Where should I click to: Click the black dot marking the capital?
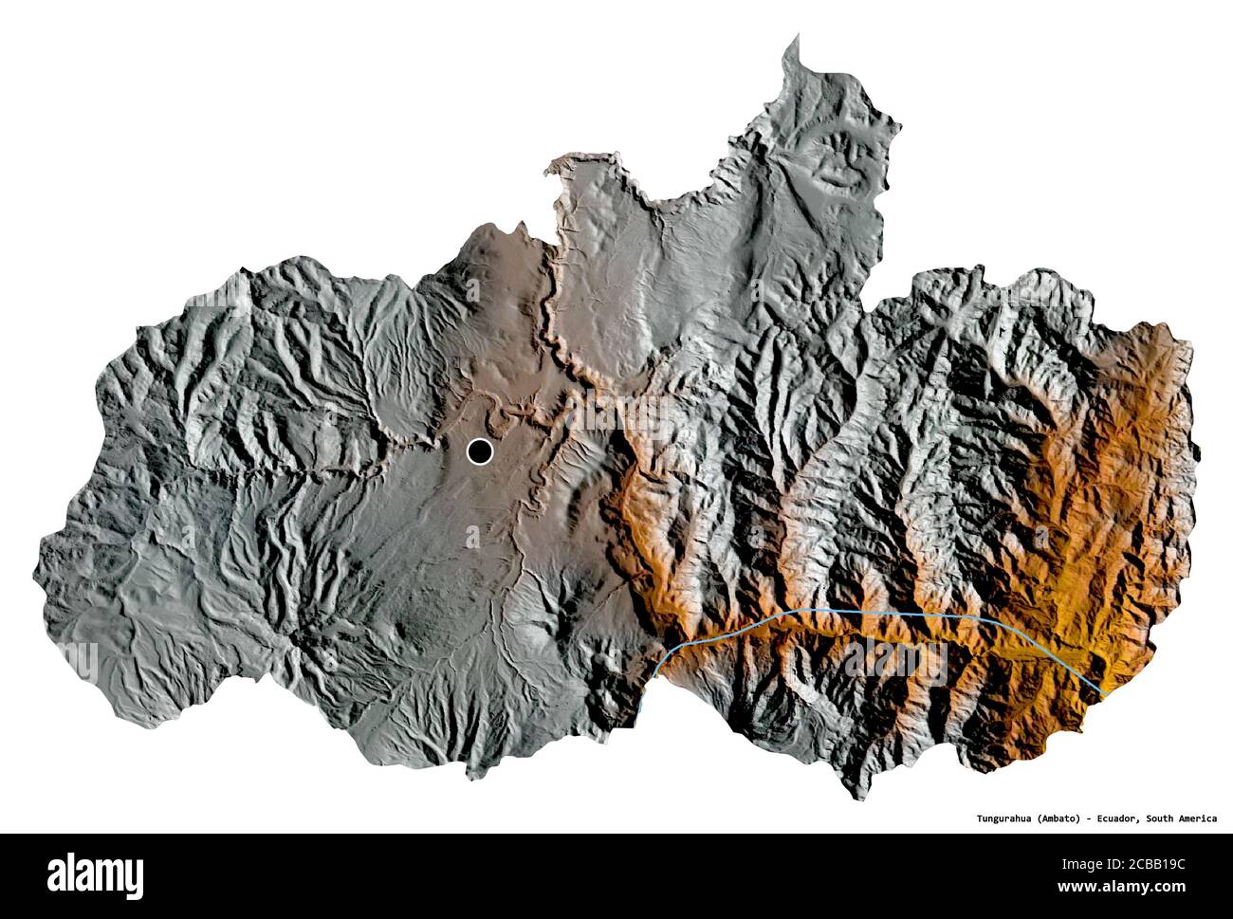pos(480,452)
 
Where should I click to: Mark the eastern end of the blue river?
pos(1106,693)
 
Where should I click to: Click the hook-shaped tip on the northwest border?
pos(549,171)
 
